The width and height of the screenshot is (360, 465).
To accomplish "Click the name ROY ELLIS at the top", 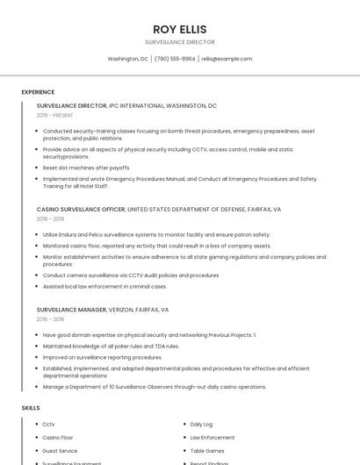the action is (x=179, y=29).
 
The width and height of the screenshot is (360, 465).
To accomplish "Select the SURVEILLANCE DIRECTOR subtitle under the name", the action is (x=179, y=42).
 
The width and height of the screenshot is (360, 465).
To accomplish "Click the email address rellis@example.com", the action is (x=227, y=59).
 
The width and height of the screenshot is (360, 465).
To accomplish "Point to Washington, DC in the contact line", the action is (x=127, y=59).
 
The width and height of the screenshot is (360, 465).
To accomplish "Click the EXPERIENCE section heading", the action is (x=38, y=92).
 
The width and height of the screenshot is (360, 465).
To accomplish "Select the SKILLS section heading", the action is (x=31, y=408).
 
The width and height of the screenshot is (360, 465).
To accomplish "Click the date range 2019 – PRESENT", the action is (x=55, y=115).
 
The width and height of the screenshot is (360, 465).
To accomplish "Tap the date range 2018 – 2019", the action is (x=50, y=219).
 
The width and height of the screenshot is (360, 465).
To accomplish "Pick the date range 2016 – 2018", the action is (x=50, y=319).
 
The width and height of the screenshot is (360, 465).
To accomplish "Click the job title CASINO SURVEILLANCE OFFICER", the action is (x=81, y=210).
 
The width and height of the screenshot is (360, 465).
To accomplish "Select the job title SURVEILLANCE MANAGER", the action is (x=71, y=310).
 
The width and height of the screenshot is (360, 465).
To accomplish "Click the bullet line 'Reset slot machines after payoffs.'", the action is (x=87, y=168).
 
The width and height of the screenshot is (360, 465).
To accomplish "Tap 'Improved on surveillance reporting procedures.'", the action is (x=103, y=357).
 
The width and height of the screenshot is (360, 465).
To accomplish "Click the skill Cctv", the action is (x=48, y=425).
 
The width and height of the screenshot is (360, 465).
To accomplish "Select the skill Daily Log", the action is (x=201, y=425).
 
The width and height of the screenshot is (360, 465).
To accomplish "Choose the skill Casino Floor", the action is (x=58, y=438).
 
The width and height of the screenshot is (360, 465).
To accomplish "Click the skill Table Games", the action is (x=207, y=451).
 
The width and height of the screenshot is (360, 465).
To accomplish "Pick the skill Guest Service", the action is (x=60, y=451).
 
